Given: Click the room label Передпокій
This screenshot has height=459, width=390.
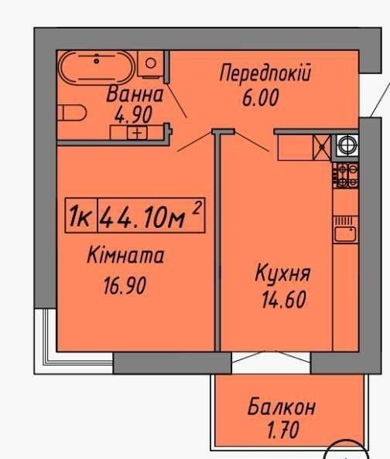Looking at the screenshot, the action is click(x=265, y=73).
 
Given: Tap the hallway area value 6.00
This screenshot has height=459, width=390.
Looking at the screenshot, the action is click(x=261, y=98).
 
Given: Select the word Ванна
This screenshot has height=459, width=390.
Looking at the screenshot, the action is click(x=135, y=94).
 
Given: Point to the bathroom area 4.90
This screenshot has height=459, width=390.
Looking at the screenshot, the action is click(x=134, y=114).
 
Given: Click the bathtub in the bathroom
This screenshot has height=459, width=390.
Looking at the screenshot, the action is click(x=97, y=68).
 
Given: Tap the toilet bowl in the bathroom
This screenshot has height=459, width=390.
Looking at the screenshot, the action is click(x=72, y=113).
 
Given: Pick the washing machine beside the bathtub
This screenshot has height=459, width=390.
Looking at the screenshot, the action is click(x=150, y=64).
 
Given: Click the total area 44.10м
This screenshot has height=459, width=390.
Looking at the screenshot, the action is click(x=142, y=216).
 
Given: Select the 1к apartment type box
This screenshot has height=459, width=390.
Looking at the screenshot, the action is click(x=81, y=216).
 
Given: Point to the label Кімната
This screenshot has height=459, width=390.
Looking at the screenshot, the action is click(x=125, y=255).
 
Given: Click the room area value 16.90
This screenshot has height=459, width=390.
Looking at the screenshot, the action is click(x=125, y=286).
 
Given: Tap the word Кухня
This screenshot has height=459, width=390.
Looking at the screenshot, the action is click(x=282, y=274).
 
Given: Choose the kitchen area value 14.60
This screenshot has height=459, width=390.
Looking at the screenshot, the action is click(x=284, y=300).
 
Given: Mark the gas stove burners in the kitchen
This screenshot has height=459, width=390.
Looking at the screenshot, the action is click(x=345, y=175).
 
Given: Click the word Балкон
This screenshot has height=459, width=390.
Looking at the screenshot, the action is click(x=281, y=407).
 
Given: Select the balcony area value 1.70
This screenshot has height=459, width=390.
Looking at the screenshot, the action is click(x=283, y=430).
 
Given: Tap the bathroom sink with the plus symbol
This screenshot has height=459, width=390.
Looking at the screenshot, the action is click(x=137, y=133).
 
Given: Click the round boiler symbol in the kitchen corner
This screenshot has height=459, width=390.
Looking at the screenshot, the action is click(x=347, y=144).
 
